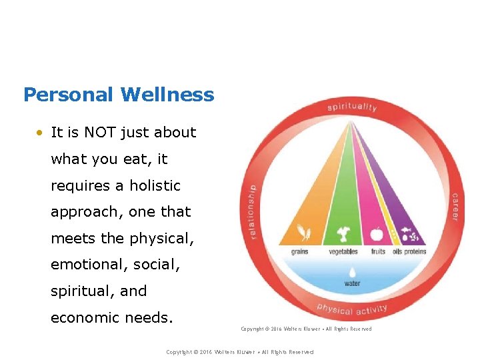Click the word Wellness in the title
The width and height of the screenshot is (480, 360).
[x=167, y=95]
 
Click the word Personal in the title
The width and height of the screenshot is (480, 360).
[x=68, y=95]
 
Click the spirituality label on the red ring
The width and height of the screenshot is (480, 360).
[x=352, y=107]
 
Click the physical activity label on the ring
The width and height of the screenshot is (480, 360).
[x=351, y=309]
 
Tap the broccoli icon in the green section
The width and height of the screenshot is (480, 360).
[x=344, y=234]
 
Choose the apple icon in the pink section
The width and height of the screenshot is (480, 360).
[x=377, y=235]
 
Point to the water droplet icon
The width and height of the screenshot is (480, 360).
[x=352, y=271]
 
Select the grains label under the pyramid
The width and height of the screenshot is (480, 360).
[x=300, y=252]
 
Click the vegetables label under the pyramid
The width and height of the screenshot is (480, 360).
[x=343, y=252]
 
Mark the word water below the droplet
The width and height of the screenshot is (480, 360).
[x=352, y=283]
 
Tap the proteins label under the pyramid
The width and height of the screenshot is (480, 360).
[x=415, y=252]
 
